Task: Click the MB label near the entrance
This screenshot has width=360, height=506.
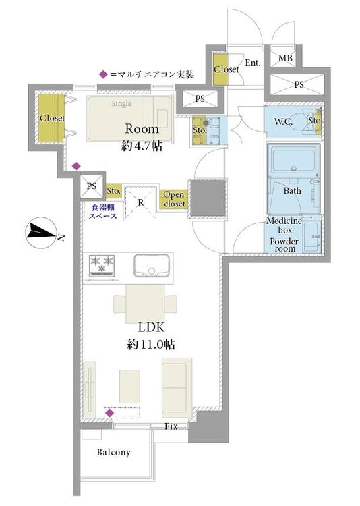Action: (285, 59)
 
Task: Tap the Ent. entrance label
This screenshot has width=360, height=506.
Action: (253, 63)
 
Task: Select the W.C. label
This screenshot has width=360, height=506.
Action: (284, 122)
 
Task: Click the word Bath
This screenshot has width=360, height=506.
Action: (293, 191)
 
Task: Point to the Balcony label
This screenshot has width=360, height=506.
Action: (114, 452)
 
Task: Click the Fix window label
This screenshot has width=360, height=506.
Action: (171, 426)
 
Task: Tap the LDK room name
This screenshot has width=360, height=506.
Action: (151, 327)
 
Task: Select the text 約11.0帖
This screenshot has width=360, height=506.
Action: (151, 345)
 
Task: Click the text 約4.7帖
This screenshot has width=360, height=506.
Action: (142, 146)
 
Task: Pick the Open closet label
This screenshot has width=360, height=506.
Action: (174, 200)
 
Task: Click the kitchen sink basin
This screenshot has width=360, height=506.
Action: (152, 265)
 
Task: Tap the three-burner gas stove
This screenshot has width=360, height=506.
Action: (102, 265)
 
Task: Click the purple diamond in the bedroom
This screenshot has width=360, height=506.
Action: (76, 166)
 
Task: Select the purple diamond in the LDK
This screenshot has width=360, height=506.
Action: (110, 413)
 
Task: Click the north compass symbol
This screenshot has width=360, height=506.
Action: (41, 231)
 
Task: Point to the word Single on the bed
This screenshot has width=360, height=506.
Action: (121, 104)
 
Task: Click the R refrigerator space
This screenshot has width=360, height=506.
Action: (141, 202)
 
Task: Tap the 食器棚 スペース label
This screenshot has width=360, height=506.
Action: (103, 212)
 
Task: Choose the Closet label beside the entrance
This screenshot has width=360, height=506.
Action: (227, 69)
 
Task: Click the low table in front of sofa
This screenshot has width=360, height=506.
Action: (129, 387)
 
